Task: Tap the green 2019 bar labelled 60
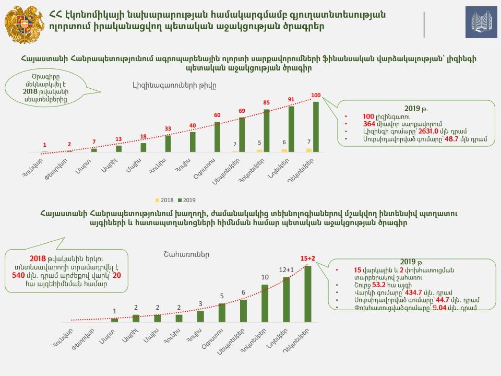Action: tap(217, 137)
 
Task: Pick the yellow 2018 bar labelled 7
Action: tap(309, 150)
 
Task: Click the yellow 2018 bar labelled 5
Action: tap(260, 150)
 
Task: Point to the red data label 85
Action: tap(266, 103)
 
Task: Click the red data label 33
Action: tap(168, 128)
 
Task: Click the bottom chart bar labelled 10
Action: tap(265, 303)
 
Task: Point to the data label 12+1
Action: tap(286, 269)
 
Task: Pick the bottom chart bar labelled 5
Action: tap(222, 312)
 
